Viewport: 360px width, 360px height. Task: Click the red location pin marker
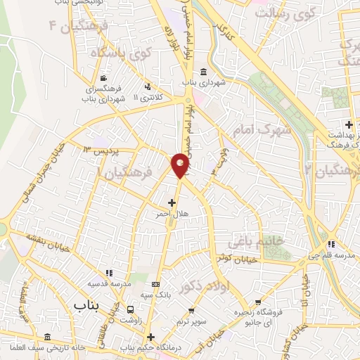click(x=181, y=166)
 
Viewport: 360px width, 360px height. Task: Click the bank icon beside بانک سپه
click(x=155, y=284)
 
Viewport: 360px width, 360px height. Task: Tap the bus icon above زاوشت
click(x=131, y=309)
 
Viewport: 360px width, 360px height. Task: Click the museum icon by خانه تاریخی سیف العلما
click(x=48, y=337)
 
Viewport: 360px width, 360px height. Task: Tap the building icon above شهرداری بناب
click(x=203, y=72)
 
